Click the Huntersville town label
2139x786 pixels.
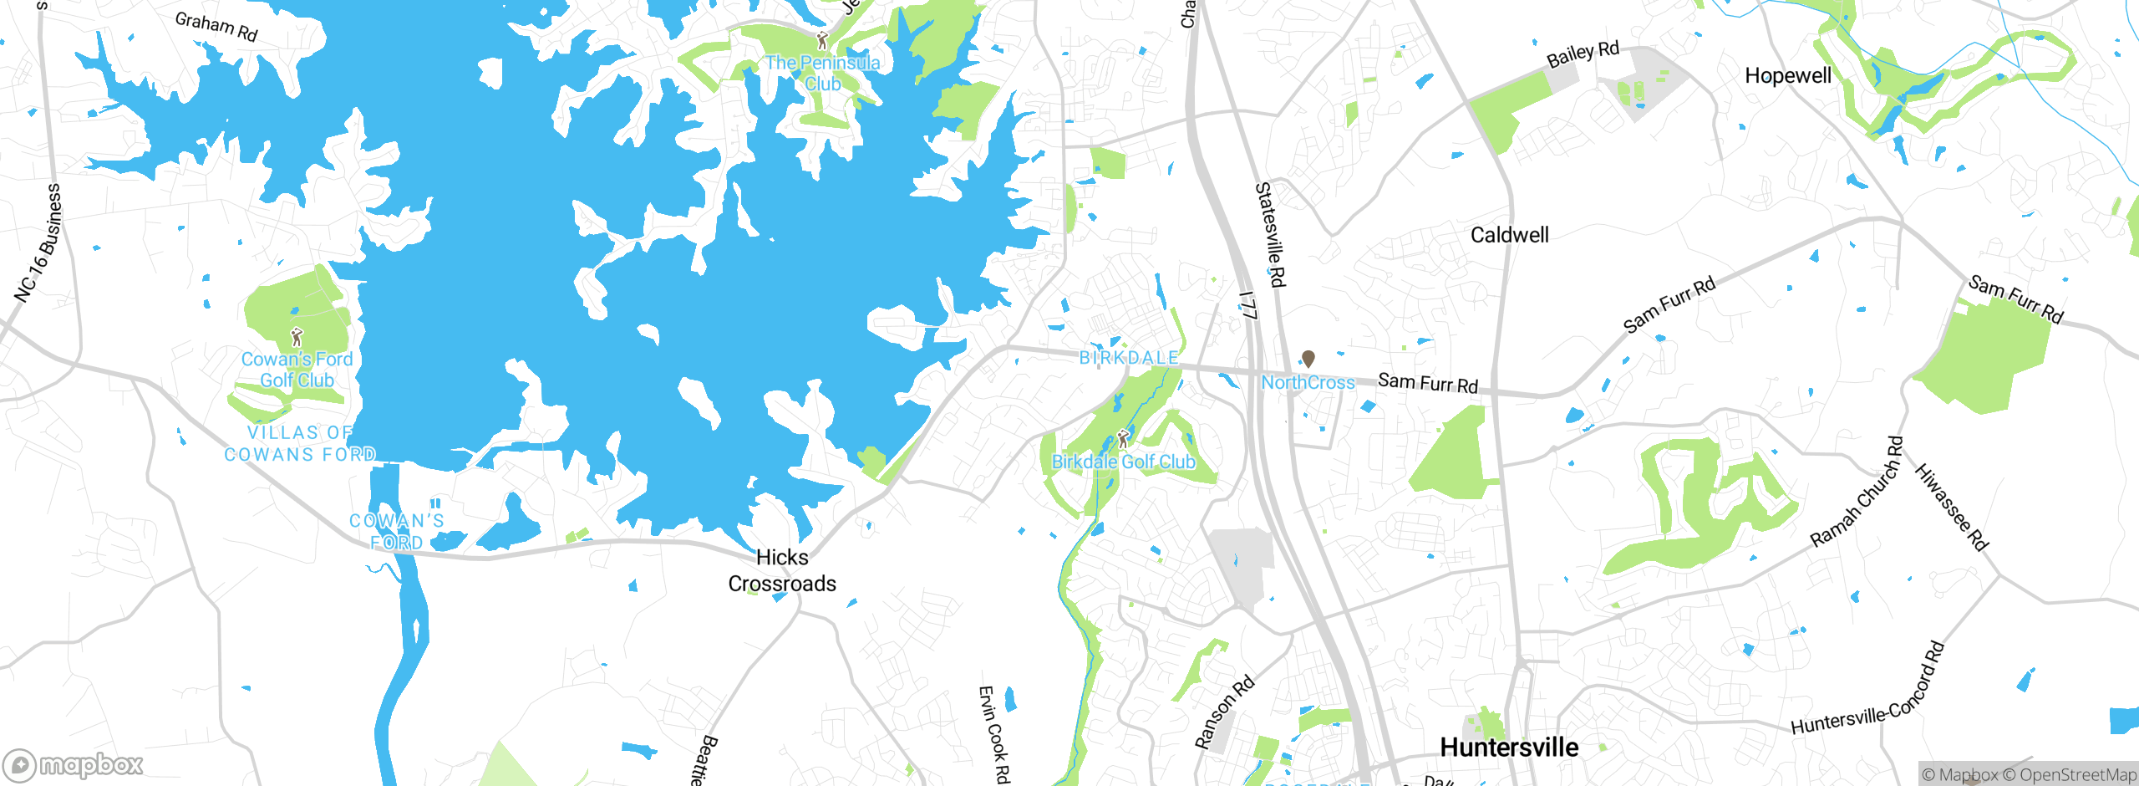[x=1509, y=747]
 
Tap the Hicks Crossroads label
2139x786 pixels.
[x=782, y=570]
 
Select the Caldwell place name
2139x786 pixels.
[x=1509, y=235]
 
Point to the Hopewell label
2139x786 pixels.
[x=1788, y=76]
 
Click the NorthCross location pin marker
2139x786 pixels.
[x=1308, y=359]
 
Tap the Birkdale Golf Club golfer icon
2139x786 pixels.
[x=1123, y=438]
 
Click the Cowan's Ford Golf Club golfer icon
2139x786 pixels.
[x=297, y=337]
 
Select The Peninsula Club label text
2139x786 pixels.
[x=822, y=74]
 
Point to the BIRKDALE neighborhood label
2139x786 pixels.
[x=1129, y=358]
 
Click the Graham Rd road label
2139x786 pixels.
[x=216, y=27]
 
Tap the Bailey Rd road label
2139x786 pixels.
[x=1583, y=54]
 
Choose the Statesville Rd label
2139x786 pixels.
[x=1270, y=235]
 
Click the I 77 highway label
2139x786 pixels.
[x=1248, y=305]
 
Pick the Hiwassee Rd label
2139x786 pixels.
[x=1951, y=507]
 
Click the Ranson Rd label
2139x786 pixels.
[x=1224, y=712]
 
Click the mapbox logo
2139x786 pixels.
[x=74, y=764]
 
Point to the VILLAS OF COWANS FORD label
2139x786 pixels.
[x=300, y=443]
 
